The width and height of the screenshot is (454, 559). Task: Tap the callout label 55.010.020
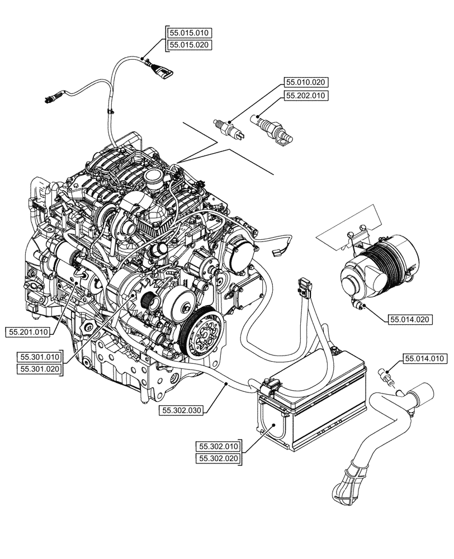(x=305, y=82)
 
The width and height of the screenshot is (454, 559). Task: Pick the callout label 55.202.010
(x=305, y=96)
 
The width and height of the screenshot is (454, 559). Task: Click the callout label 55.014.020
(x=410, y=320)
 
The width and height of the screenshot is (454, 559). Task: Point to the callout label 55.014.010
(x=424, y=358)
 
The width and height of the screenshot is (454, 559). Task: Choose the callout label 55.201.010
(x=28, y=332)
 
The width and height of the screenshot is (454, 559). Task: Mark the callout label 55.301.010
(x=39, y=356)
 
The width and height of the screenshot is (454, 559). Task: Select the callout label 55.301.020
(x=39, y=368)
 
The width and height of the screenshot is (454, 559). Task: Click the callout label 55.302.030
(x=182, y=410)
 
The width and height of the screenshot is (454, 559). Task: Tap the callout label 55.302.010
(x=218, y=446)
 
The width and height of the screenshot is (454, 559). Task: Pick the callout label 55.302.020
(x=218, y=459)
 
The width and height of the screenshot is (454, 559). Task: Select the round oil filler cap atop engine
(x=153, y=176)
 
